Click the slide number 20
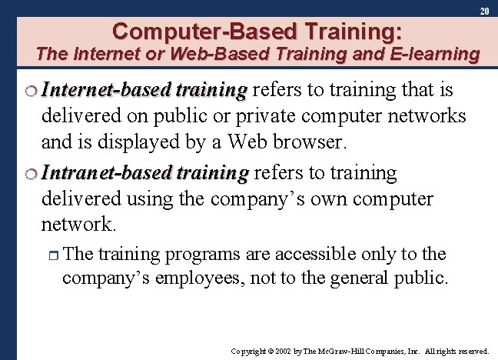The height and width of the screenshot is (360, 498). [x=484, y=12]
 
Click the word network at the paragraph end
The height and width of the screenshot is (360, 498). [x=75, y=224]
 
